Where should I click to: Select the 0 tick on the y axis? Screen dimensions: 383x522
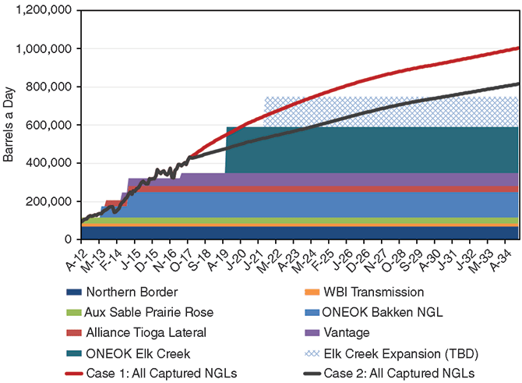[69, 239]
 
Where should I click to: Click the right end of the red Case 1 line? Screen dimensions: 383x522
[518, 48]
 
